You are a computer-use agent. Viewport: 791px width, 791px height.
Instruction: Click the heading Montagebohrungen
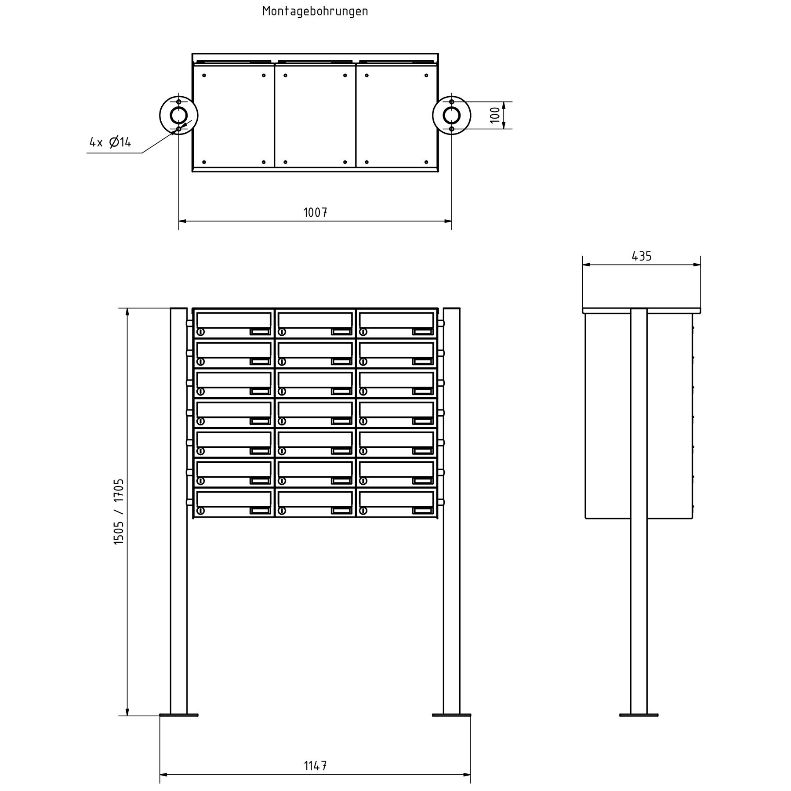pos(315,11)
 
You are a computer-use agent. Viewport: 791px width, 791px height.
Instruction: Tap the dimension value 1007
pos(315,213)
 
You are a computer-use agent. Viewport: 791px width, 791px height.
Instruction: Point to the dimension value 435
pos(642,256)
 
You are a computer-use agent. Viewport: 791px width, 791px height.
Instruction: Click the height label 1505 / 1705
pos(119,512)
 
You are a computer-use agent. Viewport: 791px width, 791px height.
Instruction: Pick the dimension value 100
pos(495,115)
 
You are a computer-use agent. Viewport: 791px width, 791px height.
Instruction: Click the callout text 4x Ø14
pos(110,142)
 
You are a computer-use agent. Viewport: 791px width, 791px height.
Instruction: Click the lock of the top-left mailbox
pos(201,332)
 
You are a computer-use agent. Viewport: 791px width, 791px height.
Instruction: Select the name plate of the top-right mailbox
pos(422,332)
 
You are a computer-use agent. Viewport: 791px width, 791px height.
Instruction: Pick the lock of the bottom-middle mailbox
pos(282,511)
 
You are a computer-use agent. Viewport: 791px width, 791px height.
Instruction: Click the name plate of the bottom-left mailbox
pos(260,511)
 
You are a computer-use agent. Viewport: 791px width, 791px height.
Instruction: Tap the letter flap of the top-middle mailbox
pos(315,319)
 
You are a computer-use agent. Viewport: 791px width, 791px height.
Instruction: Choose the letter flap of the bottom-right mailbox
pos(396,499)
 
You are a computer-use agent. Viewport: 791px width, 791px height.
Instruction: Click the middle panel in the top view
pos(315,116)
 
